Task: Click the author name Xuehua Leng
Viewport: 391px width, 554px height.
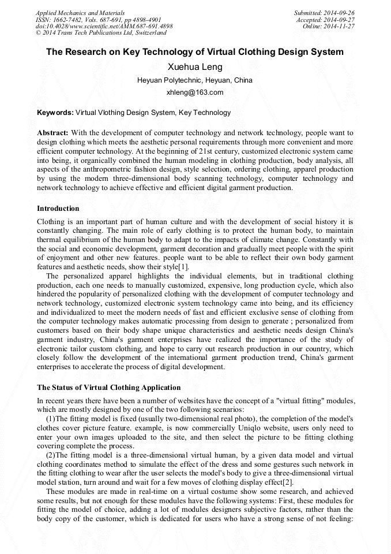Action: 195,67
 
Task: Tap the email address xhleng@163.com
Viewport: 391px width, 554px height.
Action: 195,92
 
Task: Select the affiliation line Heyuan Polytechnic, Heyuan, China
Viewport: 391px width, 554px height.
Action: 195,80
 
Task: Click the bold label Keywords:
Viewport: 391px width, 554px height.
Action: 55,113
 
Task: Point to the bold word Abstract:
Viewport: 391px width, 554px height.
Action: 53,133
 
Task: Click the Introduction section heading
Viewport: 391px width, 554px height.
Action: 58,209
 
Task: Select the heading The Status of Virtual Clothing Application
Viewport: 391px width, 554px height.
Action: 109,388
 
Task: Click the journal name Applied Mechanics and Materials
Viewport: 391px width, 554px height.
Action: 80,13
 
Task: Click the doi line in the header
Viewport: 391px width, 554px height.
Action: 104,27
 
